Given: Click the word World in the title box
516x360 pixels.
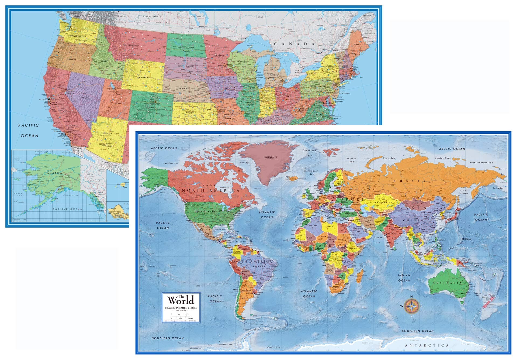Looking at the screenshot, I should coord(181,300).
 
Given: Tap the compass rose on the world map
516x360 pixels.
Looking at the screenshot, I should coord(411,306).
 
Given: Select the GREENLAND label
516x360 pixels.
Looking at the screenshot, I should coord(270,157).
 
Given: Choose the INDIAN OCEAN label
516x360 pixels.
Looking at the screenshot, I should coord(404,278).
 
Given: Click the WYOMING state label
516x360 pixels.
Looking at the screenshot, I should coord(144,77).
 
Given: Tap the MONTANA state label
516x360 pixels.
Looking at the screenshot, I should coord(133,45).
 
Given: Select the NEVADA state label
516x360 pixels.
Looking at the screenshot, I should coord(84,98).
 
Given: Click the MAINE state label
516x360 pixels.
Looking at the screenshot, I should coord(357,44).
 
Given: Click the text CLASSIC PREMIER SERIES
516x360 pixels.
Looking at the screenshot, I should coord(181,308).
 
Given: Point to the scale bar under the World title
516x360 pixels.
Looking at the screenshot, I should coord(181,316).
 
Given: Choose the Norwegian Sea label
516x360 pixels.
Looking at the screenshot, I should coord(311,173).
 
